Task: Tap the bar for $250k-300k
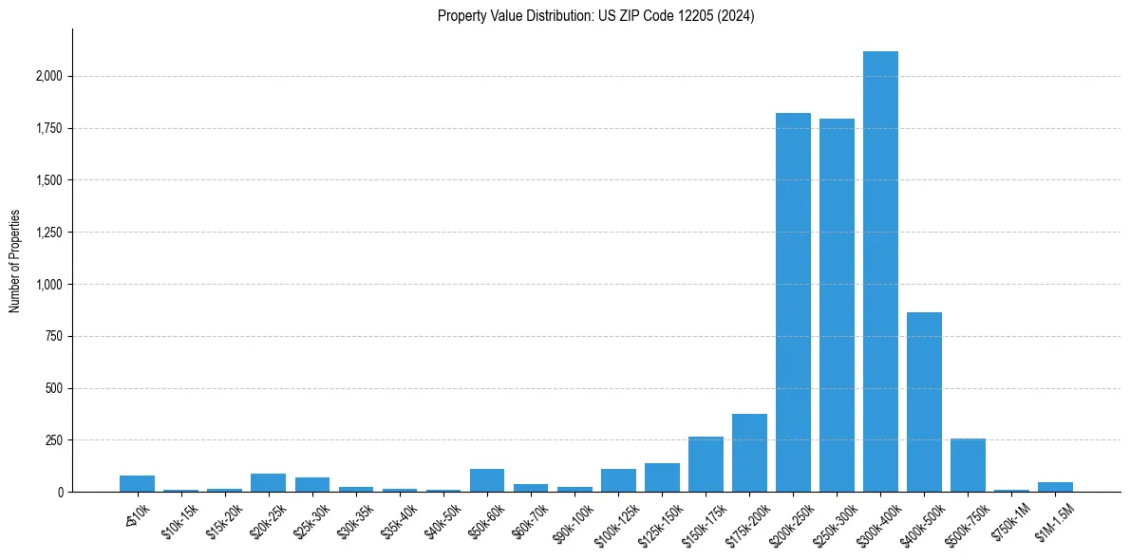tap(837, 305)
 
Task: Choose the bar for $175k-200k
tap(749, 453)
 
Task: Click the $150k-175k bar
tap(706, 464)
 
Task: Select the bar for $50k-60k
tap(487, 480)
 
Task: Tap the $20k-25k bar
tap(269, 482)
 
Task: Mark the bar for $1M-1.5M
tap(1055, 487)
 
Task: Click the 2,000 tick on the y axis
tap(50, 76)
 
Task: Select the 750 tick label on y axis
tap(56, 336)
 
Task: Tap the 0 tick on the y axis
tap(61, 493)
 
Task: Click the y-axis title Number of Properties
tap(15, 261)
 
